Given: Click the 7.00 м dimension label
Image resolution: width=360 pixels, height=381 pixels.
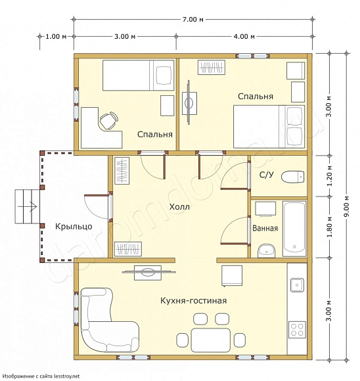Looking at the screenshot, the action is click(x=192, y=19).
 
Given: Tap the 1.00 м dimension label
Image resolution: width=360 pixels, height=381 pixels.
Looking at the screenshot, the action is click(x=56, y=36).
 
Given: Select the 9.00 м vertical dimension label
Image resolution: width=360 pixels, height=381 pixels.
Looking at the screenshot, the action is click(x=347, y=206).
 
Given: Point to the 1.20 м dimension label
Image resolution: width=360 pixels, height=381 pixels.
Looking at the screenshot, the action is click(x=330, y=175).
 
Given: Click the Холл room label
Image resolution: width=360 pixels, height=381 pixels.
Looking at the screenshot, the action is click(x=179, y=207).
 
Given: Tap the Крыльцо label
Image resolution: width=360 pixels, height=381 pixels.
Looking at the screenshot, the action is click(x=74, y=227).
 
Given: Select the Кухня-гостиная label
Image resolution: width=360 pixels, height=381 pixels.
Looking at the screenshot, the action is click(x=194, y=301).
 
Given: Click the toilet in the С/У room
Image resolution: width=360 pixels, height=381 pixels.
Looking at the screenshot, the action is click(x=293, y=177).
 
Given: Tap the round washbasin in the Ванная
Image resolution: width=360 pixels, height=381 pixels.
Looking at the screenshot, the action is click(x=267, y=251).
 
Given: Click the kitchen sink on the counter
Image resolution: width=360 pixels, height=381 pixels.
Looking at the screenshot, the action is click(x=297, y=285).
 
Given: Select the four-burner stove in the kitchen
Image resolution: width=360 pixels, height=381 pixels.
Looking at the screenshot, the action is click(x=297, y=329).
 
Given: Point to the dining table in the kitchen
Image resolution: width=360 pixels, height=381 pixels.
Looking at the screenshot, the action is click(x=210, y=340).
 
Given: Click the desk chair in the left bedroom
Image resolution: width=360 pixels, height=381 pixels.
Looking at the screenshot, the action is click(x=109, y=120).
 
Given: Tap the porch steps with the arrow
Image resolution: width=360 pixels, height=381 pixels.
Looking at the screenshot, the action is click(x=27, y=206).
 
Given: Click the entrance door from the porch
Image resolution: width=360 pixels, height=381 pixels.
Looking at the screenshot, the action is click(x=97, y=206).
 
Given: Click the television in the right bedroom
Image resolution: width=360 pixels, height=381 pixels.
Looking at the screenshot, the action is click(x=189, y=102).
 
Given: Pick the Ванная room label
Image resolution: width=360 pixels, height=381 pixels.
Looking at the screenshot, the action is click(x=265, y=228).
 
